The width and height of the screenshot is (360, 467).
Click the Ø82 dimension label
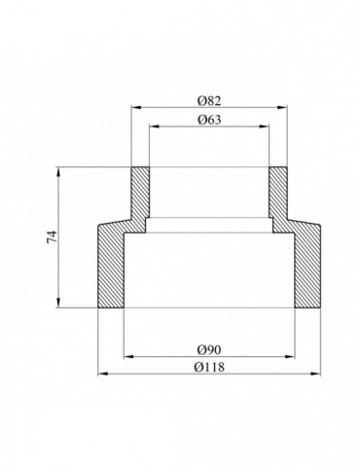click(209, 101)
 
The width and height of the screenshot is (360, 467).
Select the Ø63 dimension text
click(209, 120)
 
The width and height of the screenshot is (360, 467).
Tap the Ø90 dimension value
click(209, 349)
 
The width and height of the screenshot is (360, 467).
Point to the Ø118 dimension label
click(209, 367)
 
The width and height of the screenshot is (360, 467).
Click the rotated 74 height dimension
click(53, 236)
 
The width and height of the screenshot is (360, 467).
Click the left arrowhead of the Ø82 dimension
click(135, 107)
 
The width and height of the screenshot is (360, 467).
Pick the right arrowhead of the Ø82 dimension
click(283, 107)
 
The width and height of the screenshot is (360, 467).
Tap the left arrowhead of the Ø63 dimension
click(154, 126)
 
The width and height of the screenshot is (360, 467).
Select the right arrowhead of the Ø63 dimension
click(265, 126)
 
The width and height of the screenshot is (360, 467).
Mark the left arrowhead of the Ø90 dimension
click(128, 357)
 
